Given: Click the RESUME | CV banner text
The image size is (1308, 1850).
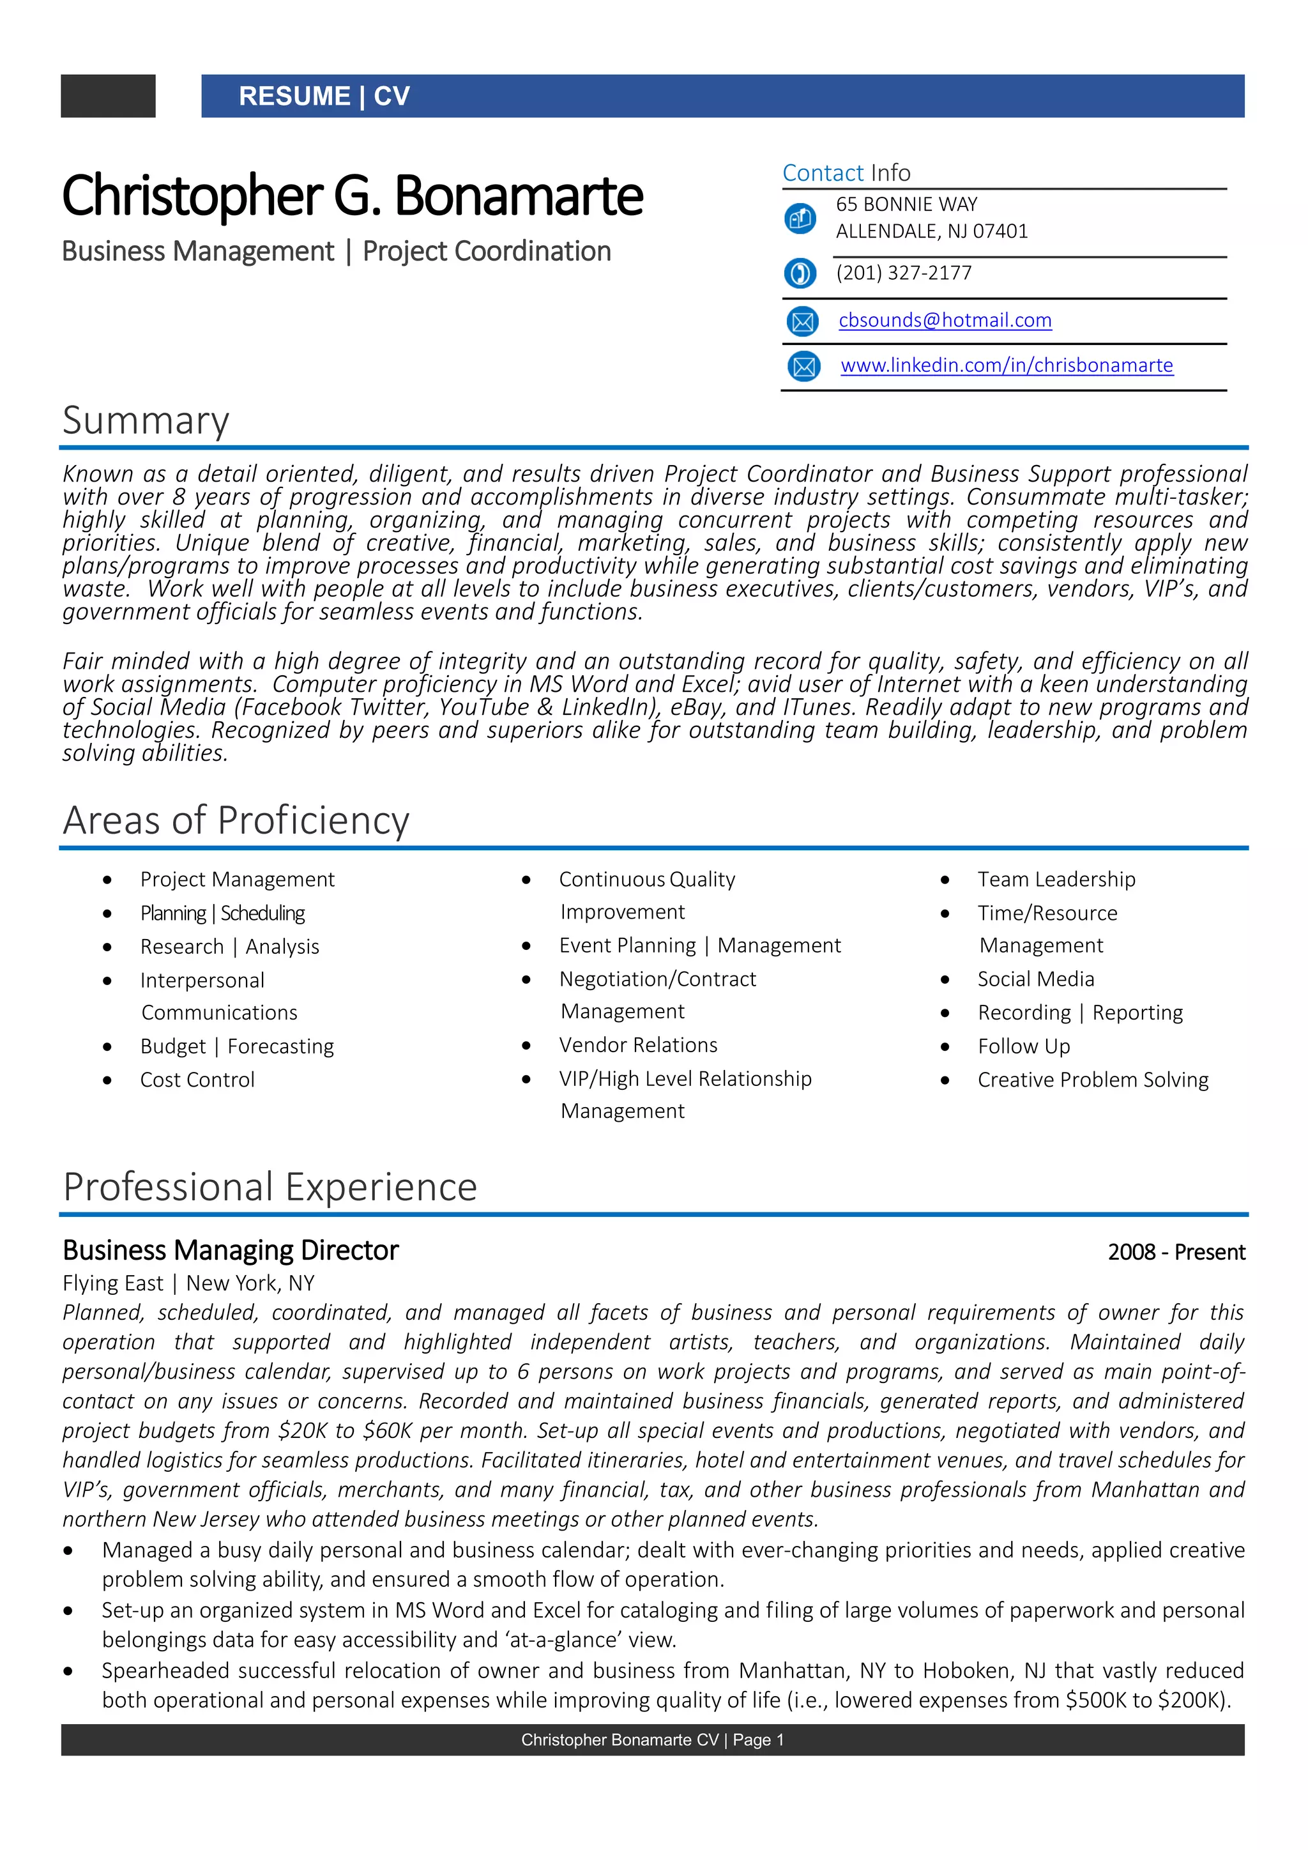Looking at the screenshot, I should pos(324,96).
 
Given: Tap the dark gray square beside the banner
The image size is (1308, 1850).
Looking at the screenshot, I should pos(108,96).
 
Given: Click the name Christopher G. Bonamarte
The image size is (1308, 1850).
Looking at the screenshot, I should pos(352,196).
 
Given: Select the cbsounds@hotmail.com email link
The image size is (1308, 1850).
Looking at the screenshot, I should pos(945,320).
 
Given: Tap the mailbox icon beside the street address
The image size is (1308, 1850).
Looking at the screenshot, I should pos(800,218).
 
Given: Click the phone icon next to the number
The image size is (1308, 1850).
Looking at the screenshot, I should pos(800,273).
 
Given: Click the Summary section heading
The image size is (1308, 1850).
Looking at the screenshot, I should pos(146,420).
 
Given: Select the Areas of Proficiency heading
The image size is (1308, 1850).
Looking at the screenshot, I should pos(236,820).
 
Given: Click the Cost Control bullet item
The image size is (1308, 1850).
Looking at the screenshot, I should pos(197,1080).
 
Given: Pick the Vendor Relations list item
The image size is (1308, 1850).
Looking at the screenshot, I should pos(638,1045).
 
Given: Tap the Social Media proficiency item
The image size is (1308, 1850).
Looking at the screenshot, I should pos(1036,979).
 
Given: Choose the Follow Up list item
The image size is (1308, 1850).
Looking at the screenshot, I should pos(1024,1046).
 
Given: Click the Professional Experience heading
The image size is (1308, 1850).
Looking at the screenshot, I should pos(270,1187).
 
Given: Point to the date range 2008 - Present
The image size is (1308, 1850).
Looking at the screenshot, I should pos(1176,1252).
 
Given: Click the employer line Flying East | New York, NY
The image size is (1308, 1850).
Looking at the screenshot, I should pos(188,1283).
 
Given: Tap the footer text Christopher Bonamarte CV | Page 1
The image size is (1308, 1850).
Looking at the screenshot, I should pos(652,1739).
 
